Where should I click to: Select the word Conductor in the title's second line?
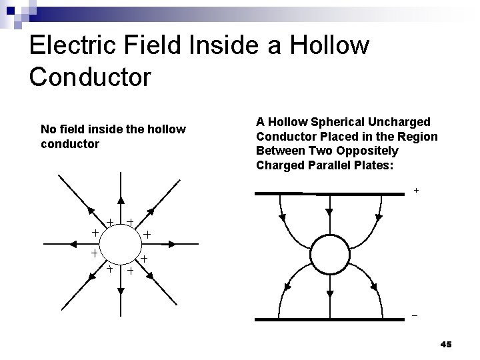pyautogui.click(x=91, y=75)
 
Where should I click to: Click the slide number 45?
pyautogui.click(x=446, y=344)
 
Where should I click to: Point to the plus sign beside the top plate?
pyautogui.click(x=417, y=190)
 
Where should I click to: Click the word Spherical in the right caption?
pyautogui.click(x=329, y=122)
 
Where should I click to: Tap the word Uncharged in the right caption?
pyautogui.click(x=393, y=122)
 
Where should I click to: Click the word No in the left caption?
pyautogui.click(x=48, y=129)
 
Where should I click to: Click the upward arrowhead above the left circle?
pyautogui.click(x=120, y=202)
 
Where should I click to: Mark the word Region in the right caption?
pyautogui.click(x=419, y=137)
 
